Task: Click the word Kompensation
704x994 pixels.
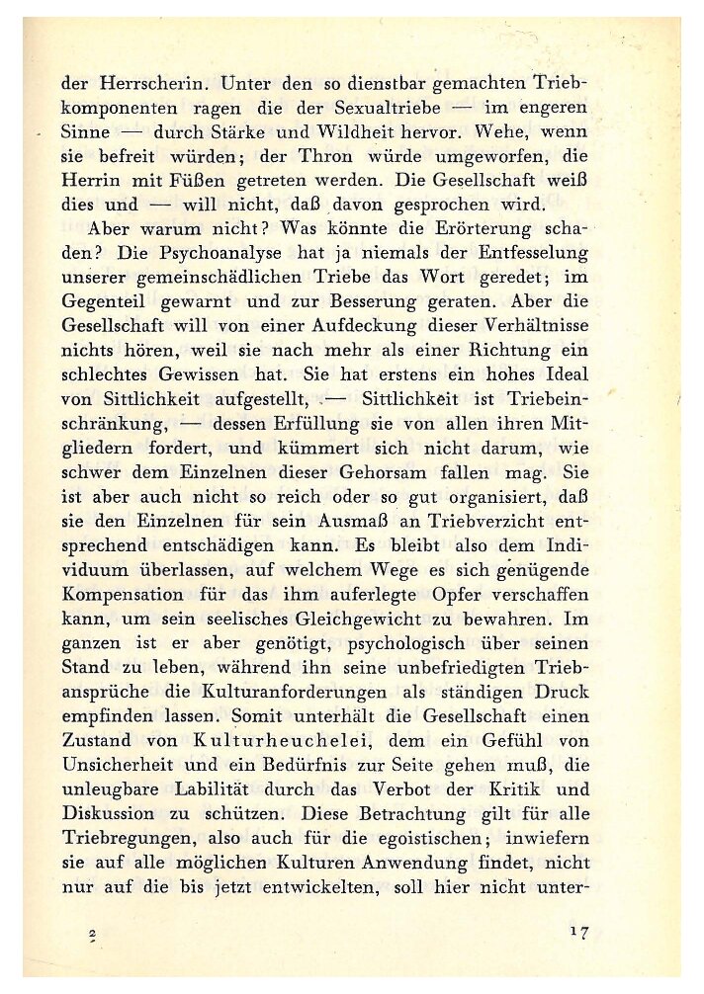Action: [x=123, y=595]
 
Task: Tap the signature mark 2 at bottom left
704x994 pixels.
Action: [x=91, y=934]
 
